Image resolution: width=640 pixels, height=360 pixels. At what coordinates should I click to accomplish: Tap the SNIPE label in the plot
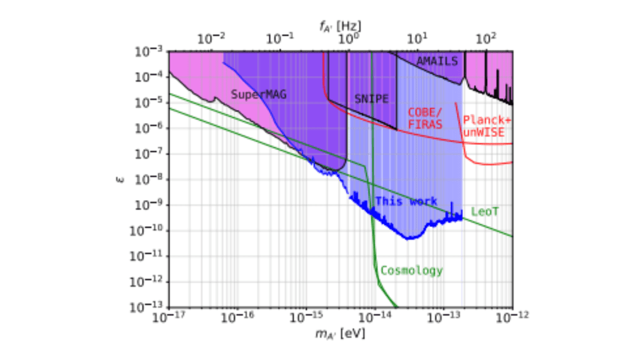coord(371,99)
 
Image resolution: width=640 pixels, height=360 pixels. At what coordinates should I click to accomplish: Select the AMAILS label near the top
coord(437,61)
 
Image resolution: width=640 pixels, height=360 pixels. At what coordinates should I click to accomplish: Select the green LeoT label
coord(486,212)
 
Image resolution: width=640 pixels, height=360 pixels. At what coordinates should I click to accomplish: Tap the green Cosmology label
coord(412,271)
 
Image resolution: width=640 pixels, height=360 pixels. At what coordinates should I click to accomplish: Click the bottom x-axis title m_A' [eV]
coord(341,333)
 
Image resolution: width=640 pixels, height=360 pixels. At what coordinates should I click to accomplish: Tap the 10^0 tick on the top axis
coord(347,39)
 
